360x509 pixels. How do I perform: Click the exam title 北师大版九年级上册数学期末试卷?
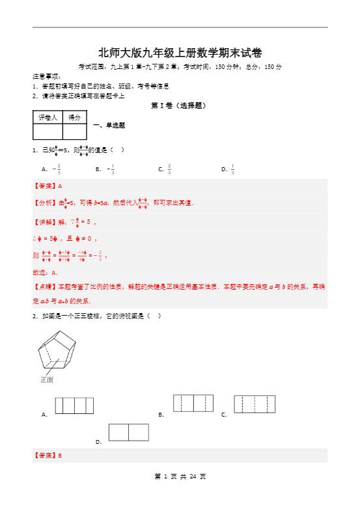tap(180, 53)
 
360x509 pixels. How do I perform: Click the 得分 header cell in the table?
tap(75, 117)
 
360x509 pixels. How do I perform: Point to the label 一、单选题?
tap(109, 125)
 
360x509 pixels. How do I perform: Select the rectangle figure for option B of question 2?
tap(193, 403)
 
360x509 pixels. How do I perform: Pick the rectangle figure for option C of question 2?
tap(255, 404)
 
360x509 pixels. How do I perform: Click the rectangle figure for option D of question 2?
tap(128, 432)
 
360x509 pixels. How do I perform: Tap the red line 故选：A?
tap(45, 272)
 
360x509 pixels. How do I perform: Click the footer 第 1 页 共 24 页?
tap(180, 495)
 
